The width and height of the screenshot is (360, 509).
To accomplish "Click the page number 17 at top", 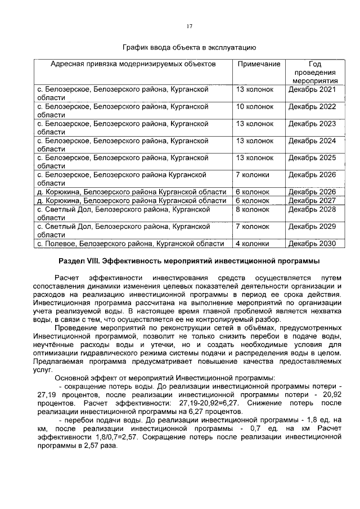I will (190, 25).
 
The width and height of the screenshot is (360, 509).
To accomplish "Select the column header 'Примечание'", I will (259, 64).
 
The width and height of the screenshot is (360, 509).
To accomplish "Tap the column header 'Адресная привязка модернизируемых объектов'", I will (133, 64).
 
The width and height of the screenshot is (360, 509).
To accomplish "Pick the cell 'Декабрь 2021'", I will (312, 89).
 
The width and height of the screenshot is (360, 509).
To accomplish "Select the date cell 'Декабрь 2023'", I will (312, 124).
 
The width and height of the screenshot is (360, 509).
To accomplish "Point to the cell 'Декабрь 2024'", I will (312, 141).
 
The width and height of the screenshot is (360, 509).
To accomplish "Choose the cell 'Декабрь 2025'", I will (312, 157).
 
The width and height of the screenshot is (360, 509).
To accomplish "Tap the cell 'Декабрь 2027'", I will (312, 200).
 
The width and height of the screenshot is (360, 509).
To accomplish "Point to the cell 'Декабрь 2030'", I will (312, 244).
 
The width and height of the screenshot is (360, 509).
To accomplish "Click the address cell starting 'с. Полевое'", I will (130, 244).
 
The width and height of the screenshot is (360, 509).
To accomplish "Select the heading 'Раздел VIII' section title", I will (190, 261).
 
